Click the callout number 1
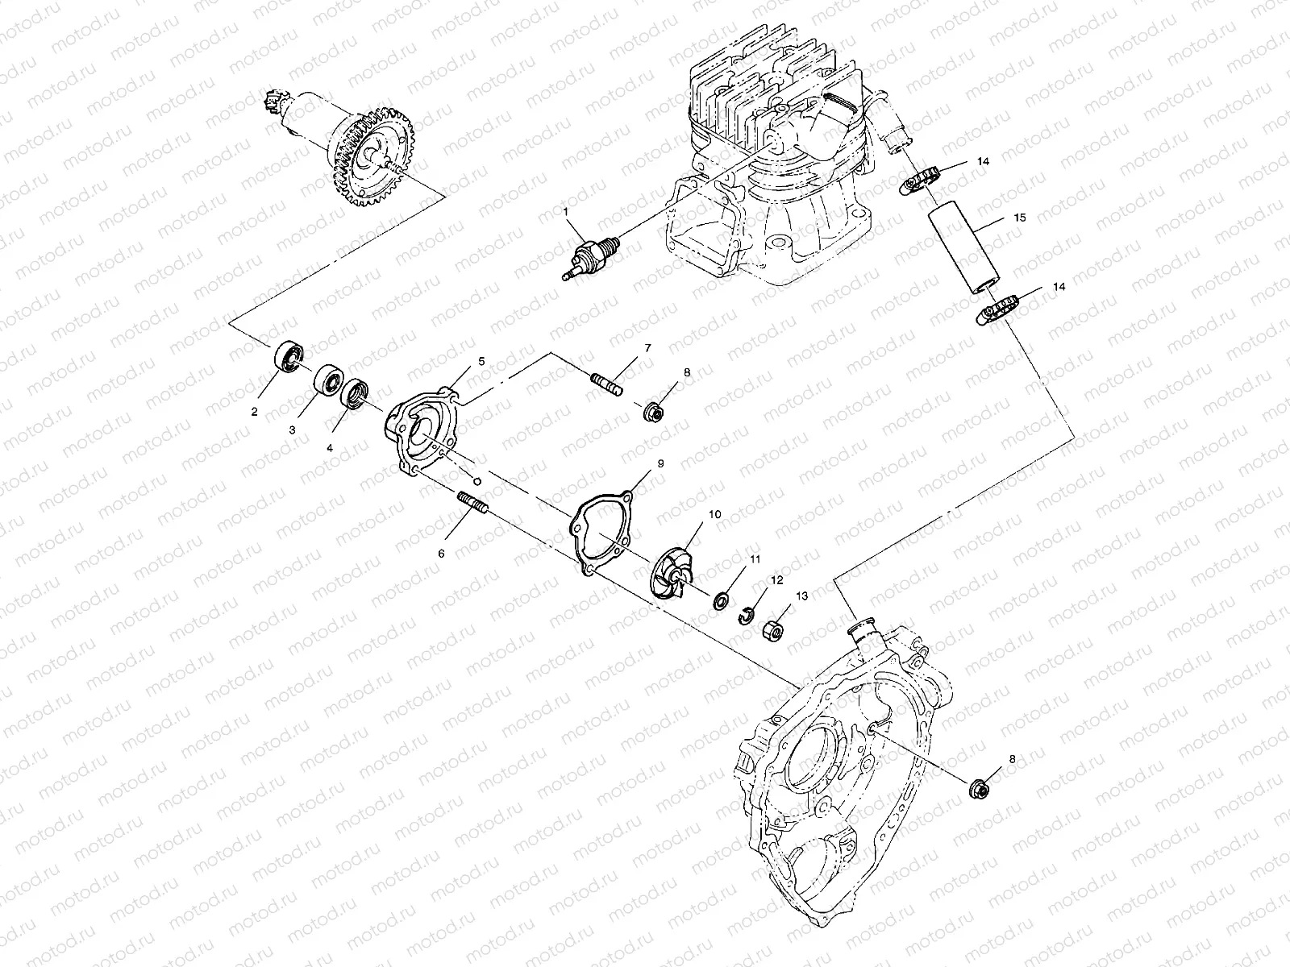tap(566, 211)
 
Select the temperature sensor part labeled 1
tap(592, 255)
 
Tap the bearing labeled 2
tap(289, 356)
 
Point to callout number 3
tap(293, 430)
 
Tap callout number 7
tap(647, 347)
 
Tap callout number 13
tap(801, 596)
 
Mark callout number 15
tap(1020, 218)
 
